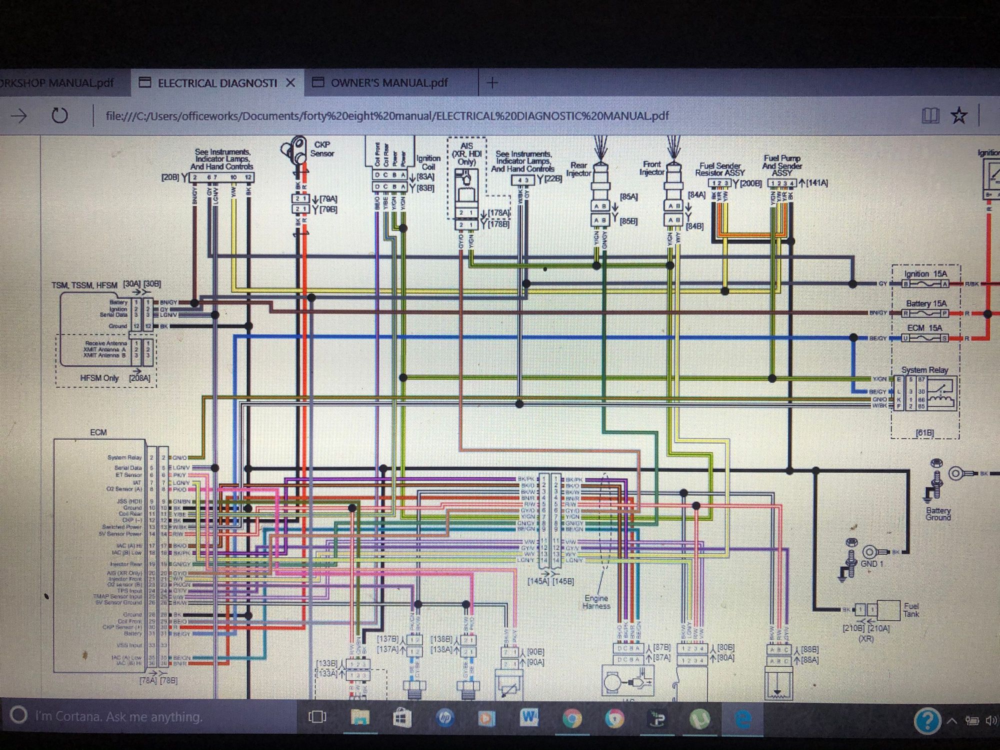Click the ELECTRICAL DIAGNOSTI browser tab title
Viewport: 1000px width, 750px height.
click(217, 83)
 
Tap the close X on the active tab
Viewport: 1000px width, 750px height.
click(290, 82)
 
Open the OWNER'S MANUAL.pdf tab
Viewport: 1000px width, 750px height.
click(389, 82)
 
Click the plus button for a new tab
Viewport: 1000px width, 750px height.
click(492, 83)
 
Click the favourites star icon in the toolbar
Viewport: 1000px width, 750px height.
click(958, 115)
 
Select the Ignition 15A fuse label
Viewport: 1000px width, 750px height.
click(925, 273)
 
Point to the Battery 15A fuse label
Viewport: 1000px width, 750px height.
click(926, 303)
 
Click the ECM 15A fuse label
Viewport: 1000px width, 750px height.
click(924, 328)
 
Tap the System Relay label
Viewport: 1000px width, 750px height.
click(924, 370)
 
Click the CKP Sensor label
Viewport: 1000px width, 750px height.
click(321, 149)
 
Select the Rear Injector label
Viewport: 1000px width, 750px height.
click(578, 169)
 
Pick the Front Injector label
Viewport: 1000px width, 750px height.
click(651, 168)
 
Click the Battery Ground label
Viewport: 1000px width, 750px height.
click(937, 513)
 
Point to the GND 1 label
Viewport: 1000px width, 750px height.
click(871, 563)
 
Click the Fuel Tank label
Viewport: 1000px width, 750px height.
click(910, 609)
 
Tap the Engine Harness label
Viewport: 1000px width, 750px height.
click(596, 602)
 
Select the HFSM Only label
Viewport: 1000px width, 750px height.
click(99, 378)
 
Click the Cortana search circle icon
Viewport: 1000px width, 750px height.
click(18, 715)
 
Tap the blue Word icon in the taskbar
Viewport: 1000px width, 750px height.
click(528, 718)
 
